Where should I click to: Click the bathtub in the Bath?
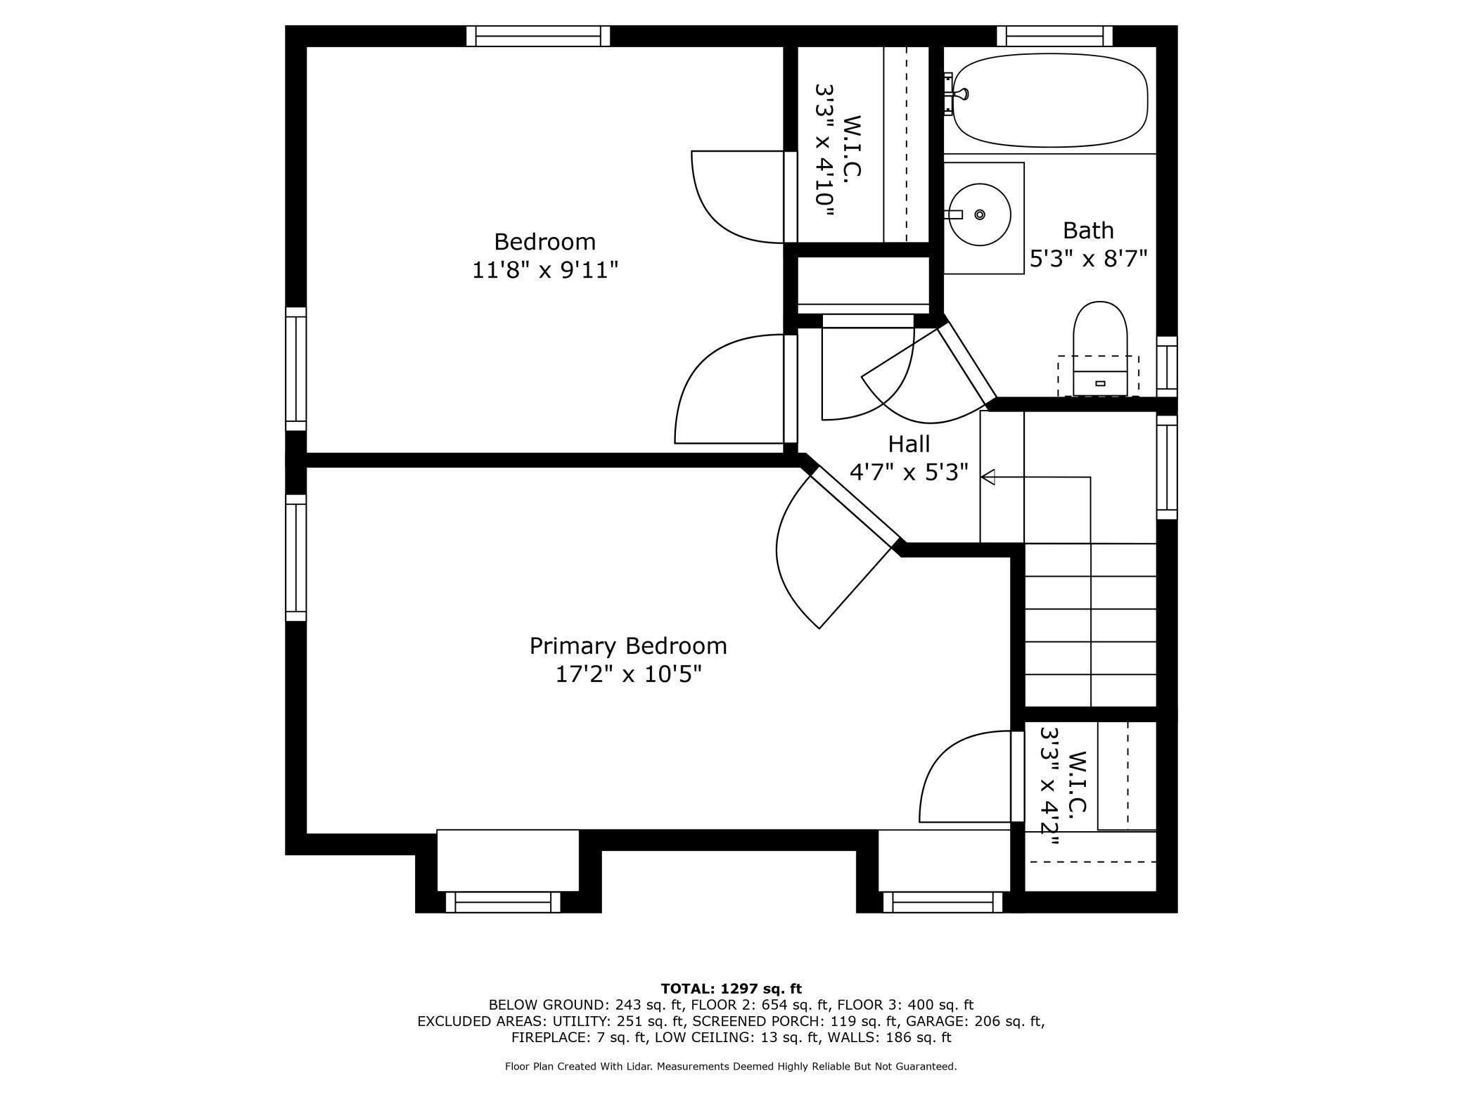pyautogui.click(x=1050, y=100)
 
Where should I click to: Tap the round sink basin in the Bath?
pyautogui.click(x=979, y=214)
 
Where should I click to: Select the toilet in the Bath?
pyautogui.click(x=1100, y=349)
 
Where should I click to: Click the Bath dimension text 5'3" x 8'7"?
pyautogui.click(x=1088, y=259)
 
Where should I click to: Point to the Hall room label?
pyautogui.click(x=909, y=444)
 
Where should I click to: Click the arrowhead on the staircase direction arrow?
pyautogui.click(x=988, y=477)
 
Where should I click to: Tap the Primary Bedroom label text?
pyautogui.click(x=628, y=646)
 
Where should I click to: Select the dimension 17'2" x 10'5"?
pyautogui.click(x=628, y=674)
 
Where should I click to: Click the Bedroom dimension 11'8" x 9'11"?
pyautogui.click(x=545, y=269)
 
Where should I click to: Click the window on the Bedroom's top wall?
pyautogui.click(x=538, y=36)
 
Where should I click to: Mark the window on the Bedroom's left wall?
pyautogui.click(x=295, y=368)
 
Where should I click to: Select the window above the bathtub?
pyautogui.click(x=1054, y=36)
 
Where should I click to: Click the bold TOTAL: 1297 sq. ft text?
pyautogui.click(x=731, y=989)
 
